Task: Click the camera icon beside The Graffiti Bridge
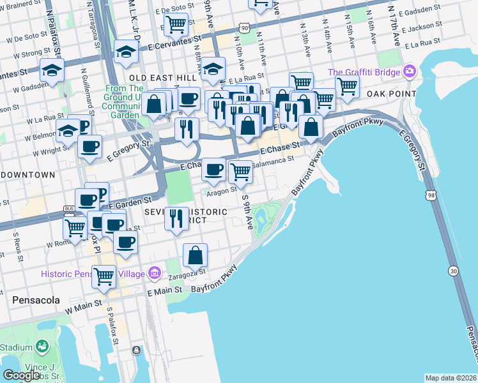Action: click(409, 71)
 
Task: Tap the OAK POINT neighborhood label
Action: click(391, 94)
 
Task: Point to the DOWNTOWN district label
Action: click(27, 174)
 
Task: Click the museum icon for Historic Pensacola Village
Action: click(153, 273)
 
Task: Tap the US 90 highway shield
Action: click(245, 27)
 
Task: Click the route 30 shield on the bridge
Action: click(453, 271)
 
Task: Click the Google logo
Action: click(21, 375)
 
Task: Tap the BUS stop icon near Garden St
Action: click(69, 209)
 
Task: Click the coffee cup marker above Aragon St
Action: click(213, 169)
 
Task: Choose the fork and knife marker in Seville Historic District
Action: click(176, 218)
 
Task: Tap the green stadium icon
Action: click(42, 347)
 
